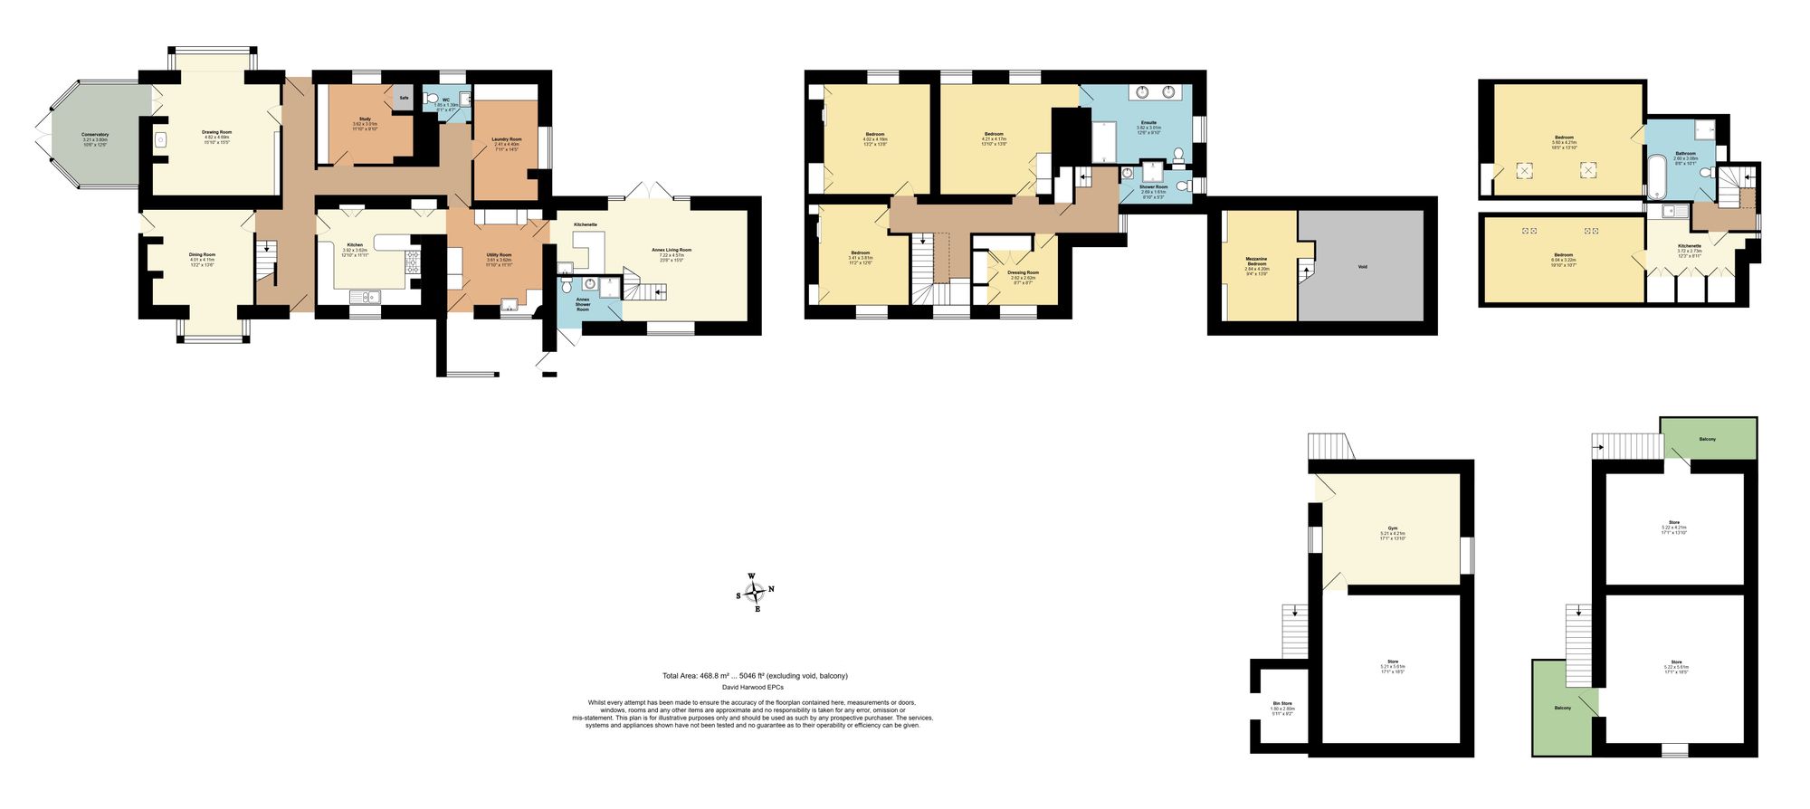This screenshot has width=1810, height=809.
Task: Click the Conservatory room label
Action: [x=95, y=135]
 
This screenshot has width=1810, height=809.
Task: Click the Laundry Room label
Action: [x=506, y=139]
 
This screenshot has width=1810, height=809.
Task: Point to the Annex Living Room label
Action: [x=671, y=250]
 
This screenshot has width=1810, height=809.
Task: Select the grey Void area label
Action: [x=1363, y=267]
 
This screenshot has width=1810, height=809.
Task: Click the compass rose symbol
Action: [x=756, y=592]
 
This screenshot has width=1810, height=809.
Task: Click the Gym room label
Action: [x=1392, y=528]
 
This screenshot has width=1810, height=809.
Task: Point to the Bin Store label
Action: [x=1281, y=703]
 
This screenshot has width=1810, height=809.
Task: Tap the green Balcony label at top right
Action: [x=1707, y=439]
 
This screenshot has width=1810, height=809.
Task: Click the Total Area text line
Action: [x=755, y=676]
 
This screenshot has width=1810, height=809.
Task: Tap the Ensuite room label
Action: [x=1148, y=122]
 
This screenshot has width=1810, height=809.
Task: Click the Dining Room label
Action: [x=202, y=255]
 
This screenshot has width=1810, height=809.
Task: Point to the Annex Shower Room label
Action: [x=583, y=304]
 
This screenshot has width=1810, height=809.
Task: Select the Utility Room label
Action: [x=499, y=255]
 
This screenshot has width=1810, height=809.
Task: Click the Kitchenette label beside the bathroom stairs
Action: [x=1689, y=246]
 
